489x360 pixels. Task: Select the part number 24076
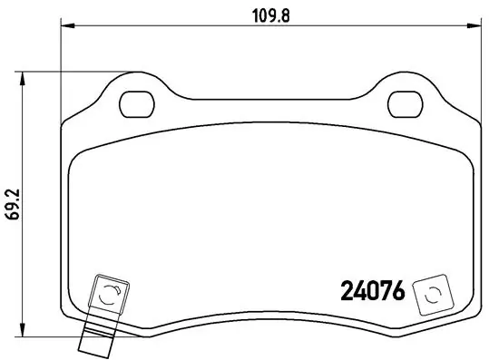(x=372, y=292)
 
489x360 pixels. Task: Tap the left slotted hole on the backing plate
(x=135, y=102)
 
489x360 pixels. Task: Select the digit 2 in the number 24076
(x=347, y=292)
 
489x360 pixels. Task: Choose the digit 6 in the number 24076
(x=398, y=292)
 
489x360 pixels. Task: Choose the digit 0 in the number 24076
(x=372, y=292)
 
